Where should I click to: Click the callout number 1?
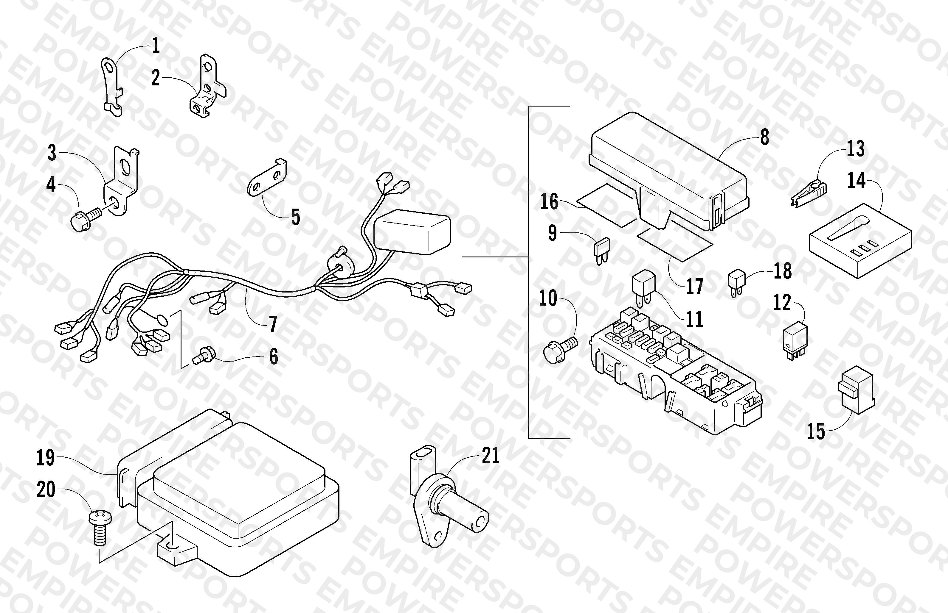[x=156, y=46]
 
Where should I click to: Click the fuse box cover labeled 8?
[x=669, y=172]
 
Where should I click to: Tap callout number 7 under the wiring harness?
[x=273, y=324]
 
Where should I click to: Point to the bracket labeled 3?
[x=121, y=182]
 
